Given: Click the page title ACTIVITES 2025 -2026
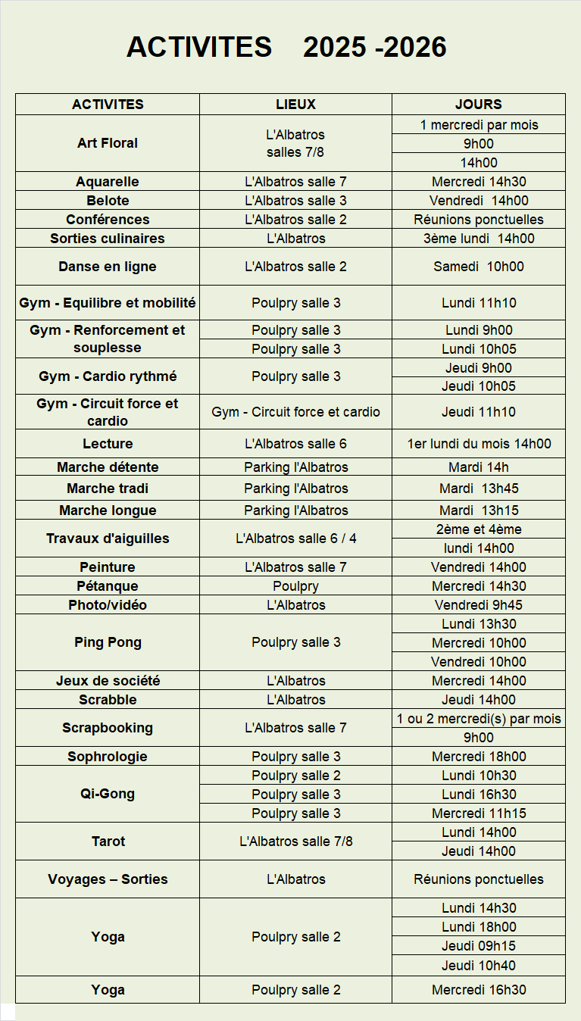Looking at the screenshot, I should click(286, 47).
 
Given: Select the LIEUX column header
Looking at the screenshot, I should click(295, 105).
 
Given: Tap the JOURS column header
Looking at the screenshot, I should click(478, 105).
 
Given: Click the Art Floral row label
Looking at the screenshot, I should click(108, 143).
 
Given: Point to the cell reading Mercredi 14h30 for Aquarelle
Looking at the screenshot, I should click(478, 182).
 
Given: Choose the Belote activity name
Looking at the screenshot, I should click(108, 201).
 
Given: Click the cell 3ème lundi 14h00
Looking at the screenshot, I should click(478, 239).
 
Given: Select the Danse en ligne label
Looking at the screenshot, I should click(108, 267).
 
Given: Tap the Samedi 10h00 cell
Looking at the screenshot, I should click(478, 267).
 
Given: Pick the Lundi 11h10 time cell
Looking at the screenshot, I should click(478, 303).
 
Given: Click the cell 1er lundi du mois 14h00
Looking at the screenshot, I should click(478, 444).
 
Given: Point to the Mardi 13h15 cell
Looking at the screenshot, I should click(478, 510).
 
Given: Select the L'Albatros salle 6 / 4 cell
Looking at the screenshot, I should click(295, 539).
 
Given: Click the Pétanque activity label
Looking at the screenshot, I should click(108, 586).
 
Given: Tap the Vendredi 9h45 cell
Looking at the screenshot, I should click(478, 605).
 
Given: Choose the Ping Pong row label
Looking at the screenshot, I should click(108, 642).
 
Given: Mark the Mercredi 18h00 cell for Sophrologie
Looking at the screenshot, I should click(478, 757).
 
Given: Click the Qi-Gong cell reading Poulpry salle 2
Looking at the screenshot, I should click(295, 776).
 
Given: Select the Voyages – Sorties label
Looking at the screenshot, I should click(108, 879).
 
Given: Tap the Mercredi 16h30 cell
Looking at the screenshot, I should click(478, 990).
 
